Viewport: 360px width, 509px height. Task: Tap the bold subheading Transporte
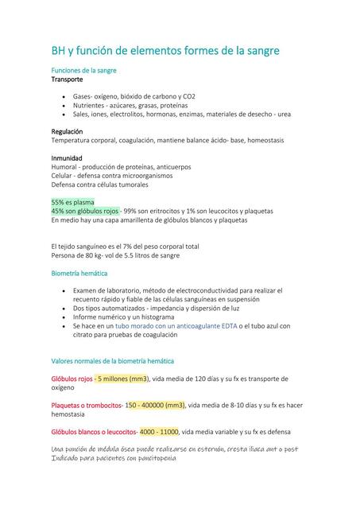coord(68,80)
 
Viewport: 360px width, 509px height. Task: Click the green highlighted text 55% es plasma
coord(73,202)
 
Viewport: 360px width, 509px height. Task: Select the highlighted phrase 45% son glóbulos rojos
coord(86,211)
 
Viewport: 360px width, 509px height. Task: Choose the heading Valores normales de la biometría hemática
coord(118,361)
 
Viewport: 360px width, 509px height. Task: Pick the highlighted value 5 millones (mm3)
coord(123,379)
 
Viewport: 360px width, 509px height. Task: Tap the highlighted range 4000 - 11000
coord(159,432)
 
